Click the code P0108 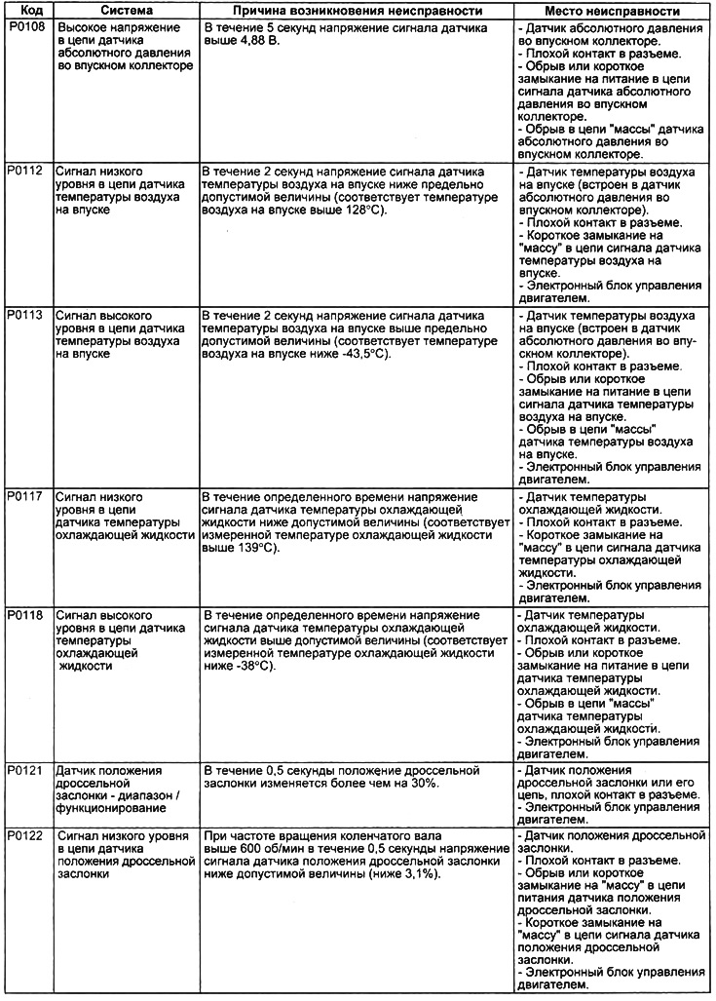(25, 29)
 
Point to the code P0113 (25, 318)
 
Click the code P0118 (25, 617)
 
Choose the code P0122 (25, 836)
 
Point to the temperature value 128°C (356, 210)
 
